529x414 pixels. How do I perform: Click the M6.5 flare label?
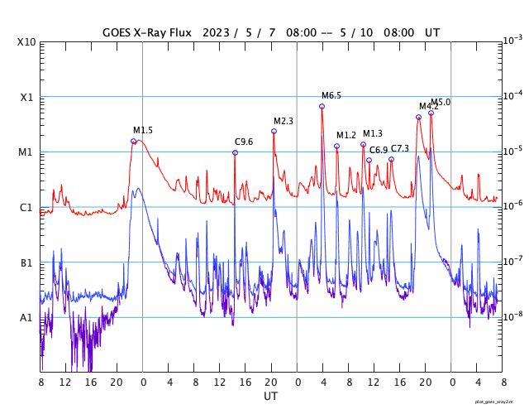(x=331, y=96)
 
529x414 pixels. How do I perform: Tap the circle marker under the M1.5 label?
(x=134, y=142)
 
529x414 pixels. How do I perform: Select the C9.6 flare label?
(x=244, y=142)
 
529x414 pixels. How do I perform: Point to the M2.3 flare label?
(x=284, y=122)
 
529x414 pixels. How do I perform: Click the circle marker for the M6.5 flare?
(x=322, y=106)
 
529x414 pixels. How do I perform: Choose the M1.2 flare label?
(x=346, y=136)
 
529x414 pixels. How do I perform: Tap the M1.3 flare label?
(x=373, y=134)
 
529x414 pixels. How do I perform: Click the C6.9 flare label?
(x=379, y=150)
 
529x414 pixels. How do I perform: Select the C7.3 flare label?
(x=400, y=148)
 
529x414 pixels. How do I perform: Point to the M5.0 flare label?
(x=441, y=103)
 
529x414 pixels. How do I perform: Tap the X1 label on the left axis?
(x=26, y=97)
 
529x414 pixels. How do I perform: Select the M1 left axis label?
(x=26, y=152)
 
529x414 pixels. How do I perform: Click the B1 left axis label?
(x=26, y=263)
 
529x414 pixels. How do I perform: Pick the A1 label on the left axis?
(x=26, y=318)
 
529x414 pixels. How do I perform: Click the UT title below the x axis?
(x=270, y=397)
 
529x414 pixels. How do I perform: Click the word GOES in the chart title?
(x=118, y=33)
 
